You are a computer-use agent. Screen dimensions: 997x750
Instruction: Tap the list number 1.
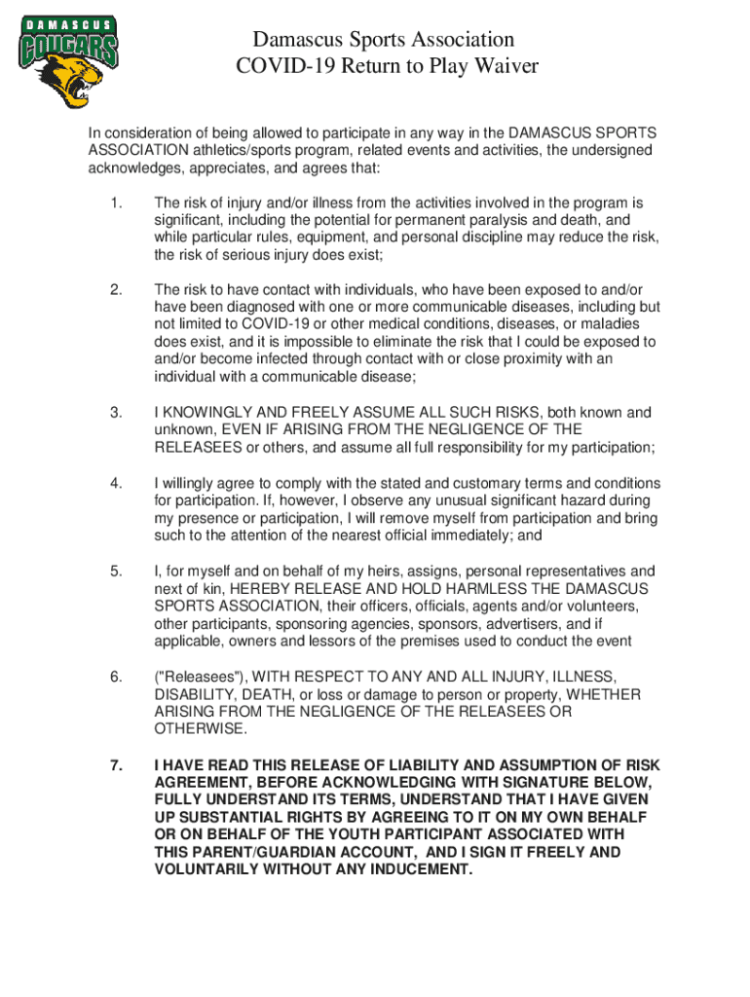116,203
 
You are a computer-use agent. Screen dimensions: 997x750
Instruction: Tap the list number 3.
116,413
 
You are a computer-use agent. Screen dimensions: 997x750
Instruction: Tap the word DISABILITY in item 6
194,695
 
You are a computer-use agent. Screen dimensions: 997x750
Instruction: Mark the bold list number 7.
116,766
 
